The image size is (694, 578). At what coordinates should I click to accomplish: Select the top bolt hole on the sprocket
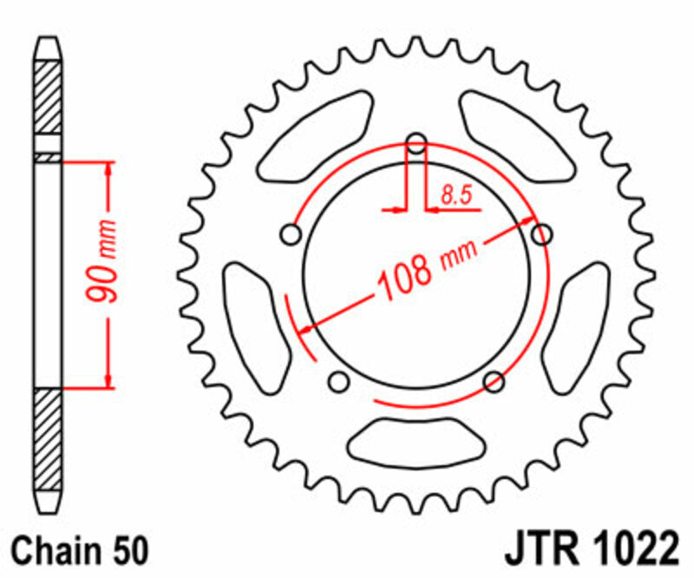417,142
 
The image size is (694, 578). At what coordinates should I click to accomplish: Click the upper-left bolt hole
291,234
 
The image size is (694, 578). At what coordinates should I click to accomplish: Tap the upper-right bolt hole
542,234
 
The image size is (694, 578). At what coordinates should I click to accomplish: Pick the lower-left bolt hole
339,381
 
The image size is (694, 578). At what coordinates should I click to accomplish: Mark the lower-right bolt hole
494,381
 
